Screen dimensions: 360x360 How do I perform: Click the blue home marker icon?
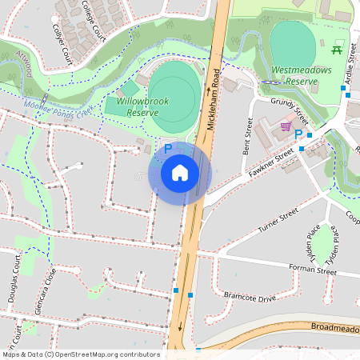[180, 172]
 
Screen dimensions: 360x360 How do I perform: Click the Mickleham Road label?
[214, 98]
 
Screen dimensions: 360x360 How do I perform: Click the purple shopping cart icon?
[285, 126]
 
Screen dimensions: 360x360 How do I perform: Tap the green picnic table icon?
[336, 50]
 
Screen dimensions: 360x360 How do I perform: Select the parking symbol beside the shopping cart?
[298, 134]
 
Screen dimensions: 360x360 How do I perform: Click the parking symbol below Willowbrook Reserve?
[168, 148]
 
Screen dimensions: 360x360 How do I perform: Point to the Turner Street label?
[278, 219]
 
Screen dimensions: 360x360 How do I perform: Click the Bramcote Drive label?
[249, 297]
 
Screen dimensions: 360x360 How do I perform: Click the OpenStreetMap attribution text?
[81, 354]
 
